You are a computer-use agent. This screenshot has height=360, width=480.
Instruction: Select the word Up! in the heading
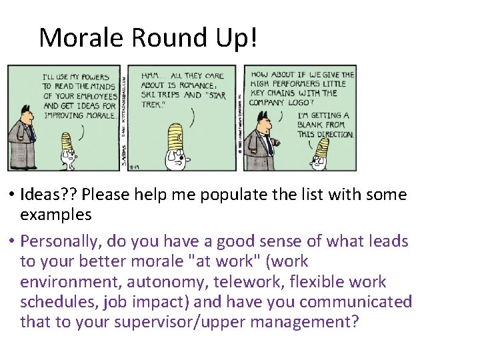[237, 38]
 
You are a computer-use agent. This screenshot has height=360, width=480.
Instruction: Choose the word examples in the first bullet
[56, 215]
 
